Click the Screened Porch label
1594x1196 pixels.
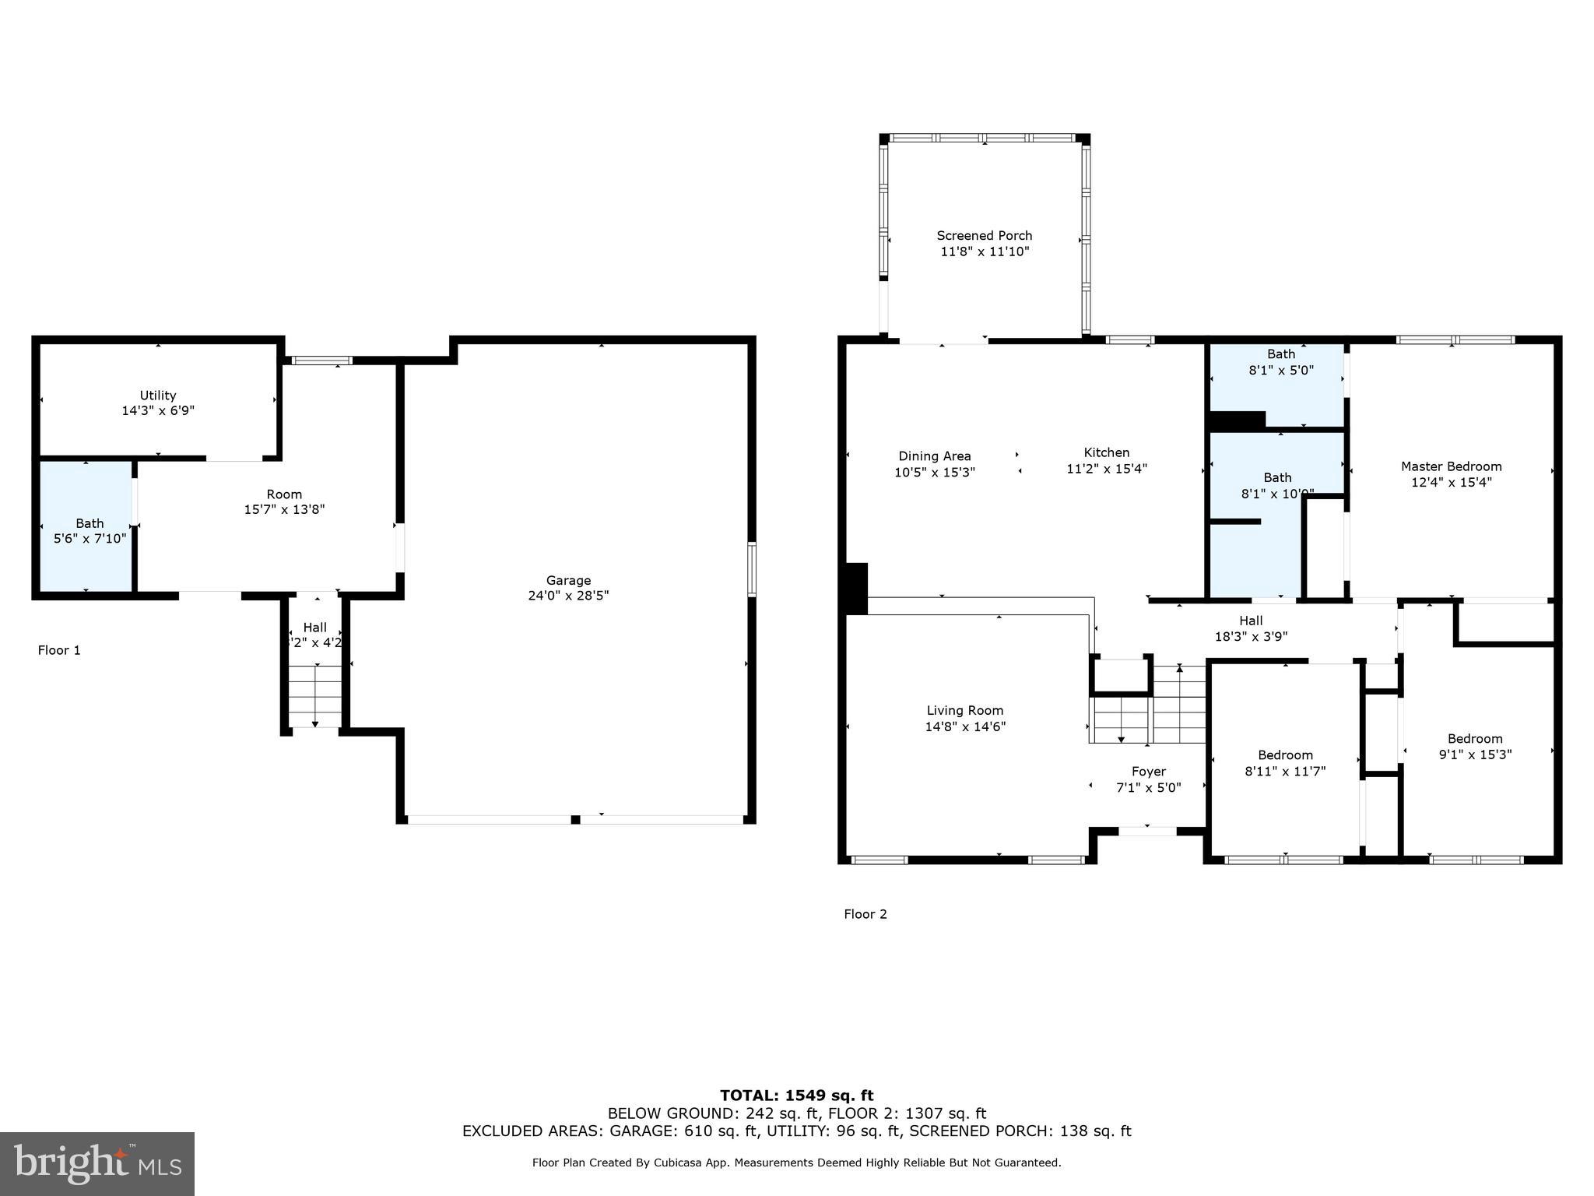tap(984, 235)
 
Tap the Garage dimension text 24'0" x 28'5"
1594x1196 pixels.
tap(568, 596)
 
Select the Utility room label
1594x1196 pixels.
tap(158, 395)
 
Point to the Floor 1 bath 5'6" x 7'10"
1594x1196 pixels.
tap(90, 530)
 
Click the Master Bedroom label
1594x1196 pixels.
tap(1451, 466)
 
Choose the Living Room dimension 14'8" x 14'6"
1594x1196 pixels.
tap(965, 726)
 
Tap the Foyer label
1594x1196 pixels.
tap(1148, 771)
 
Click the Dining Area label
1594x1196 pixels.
tap(934, 456)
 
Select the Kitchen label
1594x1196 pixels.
tap(1106, 452)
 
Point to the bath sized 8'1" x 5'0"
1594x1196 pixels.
tap(1280, 363)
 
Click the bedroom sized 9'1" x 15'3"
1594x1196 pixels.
tap(1474, 746)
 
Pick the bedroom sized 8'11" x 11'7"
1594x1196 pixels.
tap(1285, 762)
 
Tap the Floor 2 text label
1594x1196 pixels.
tap(865, 914)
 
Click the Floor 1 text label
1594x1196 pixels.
tap(59, 650)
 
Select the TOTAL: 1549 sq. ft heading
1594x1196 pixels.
tap(796, 1096)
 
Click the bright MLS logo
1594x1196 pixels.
tap(97, 1163)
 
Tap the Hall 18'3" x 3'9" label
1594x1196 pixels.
tap(1251, 628)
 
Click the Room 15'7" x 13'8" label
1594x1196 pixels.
tap(284, 501)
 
